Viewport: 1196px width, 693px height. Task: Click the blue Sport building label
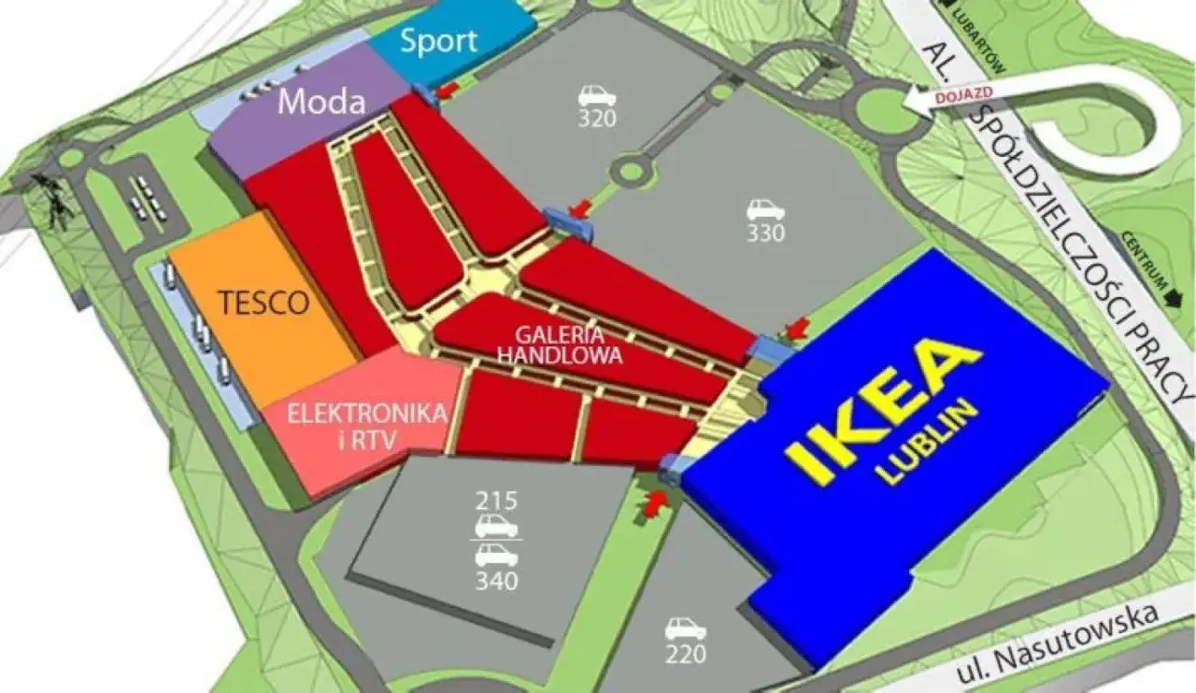click(x=438, y=41)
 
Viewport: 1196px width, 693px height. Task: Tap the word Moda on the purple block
click(x=321, y=101)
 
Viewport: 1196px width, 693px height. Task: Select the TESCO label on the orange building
click(x=263, y=303)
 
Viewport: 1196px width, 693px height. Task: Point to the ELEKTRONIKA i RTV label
click(x=366, y=424)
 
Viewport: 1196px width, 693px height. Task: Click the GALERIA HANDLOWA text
click(x=548, y=345)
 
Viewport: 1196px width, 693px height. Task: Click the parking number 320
click(x=596, y=119)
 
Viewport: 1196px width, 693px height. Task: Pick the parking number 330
click(x=765, y=233)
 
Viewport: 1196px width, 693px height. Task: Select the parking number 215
click(x=496, y=500)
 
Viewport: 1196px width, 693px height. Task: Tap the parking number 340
click(x=496, y=581)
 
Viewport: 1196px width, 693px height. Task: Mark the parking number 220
click(x=686, y=655)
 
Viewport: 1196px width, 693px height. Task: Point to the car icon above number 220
click(x=686, y=628)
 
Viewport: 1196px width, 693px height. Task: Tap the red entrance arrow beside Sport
click(x=448, y=89)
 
